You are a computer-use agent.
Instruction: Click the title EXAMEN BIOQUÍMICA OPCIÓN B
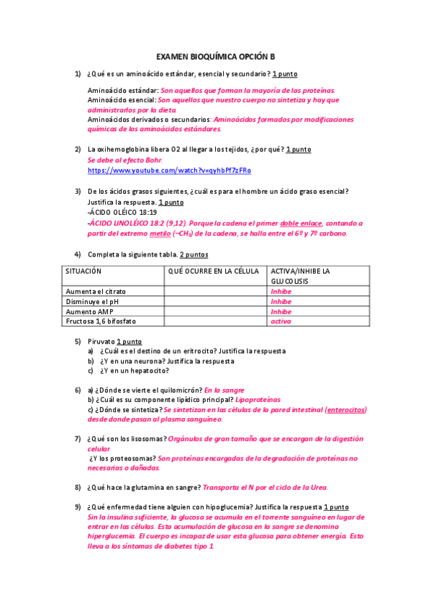point(216,56)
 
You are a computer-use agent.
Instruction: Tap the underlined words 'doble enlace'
point(301,223)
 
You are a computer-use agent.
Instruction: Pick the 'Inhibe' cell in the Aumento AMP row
point(281,312)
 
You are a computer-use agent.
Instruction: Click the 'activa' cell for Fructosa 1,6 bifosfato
point(281,321)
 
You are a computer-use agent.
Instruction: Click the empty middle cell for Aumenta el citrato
point(214,292)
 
